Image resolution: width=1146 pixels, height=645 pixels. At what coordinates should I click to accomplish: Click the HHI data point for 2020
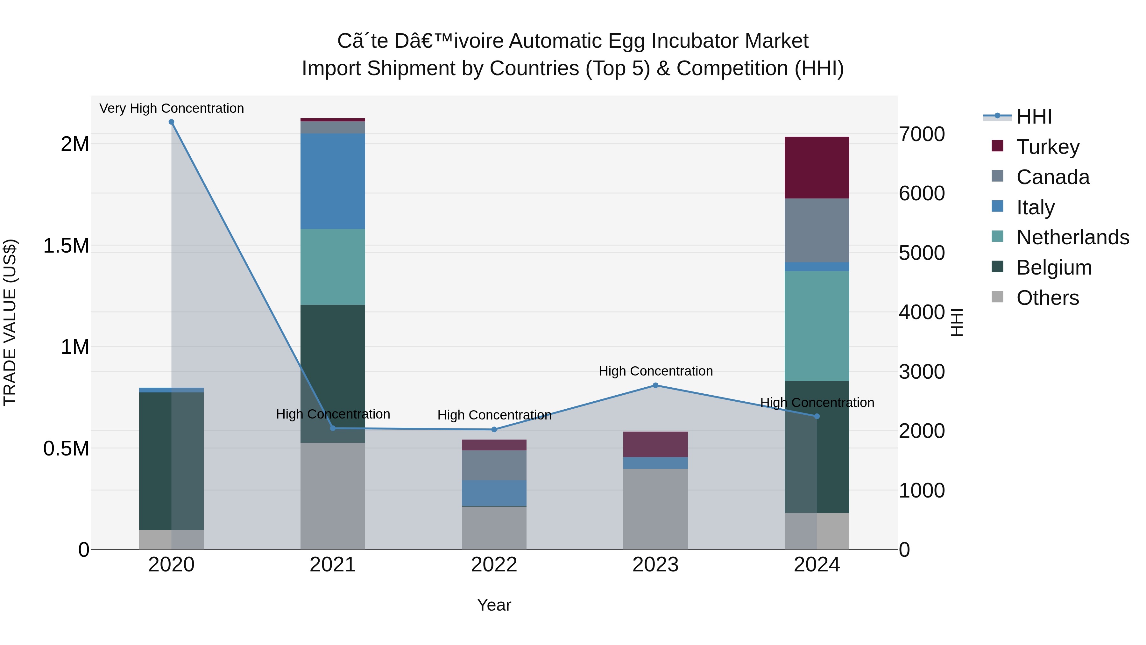171,122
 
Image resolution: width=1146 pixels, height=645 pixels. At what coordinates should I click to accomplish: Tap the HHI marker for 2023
655,385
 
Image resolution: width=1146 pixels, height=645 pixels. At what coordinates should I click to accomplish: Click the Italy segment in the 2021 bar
333,181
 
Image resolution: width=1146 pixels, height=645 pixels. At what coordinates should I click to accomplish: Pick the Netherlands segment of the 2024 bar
817,326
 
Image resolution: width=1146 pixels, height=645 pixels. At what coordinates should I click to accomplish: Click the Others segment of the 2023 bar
655,509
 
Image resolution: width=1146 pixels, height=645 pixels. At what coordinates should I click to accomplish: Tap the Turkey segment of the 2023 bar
655,444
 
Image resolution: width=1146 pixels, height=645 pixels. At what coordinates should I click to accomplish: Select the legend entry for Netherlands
1072,237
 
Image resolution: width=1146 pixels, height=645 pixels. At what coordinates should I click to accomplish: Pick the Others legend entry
1047,298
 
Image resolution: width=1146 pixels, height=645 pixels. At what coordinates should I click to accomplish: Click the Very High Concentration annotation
171,108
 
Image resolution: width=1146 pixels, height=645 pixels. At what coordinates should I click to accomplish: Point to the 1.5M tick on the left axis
66,246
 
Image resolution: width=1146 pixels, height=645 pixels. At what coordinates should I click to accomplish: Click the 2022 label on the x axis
494,565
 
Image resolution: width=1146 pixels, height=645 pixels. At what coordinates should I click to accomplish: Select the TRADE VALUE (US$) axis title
10,322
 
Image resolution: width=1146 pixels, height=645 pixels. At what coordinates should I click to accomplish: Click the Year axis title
494,605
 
